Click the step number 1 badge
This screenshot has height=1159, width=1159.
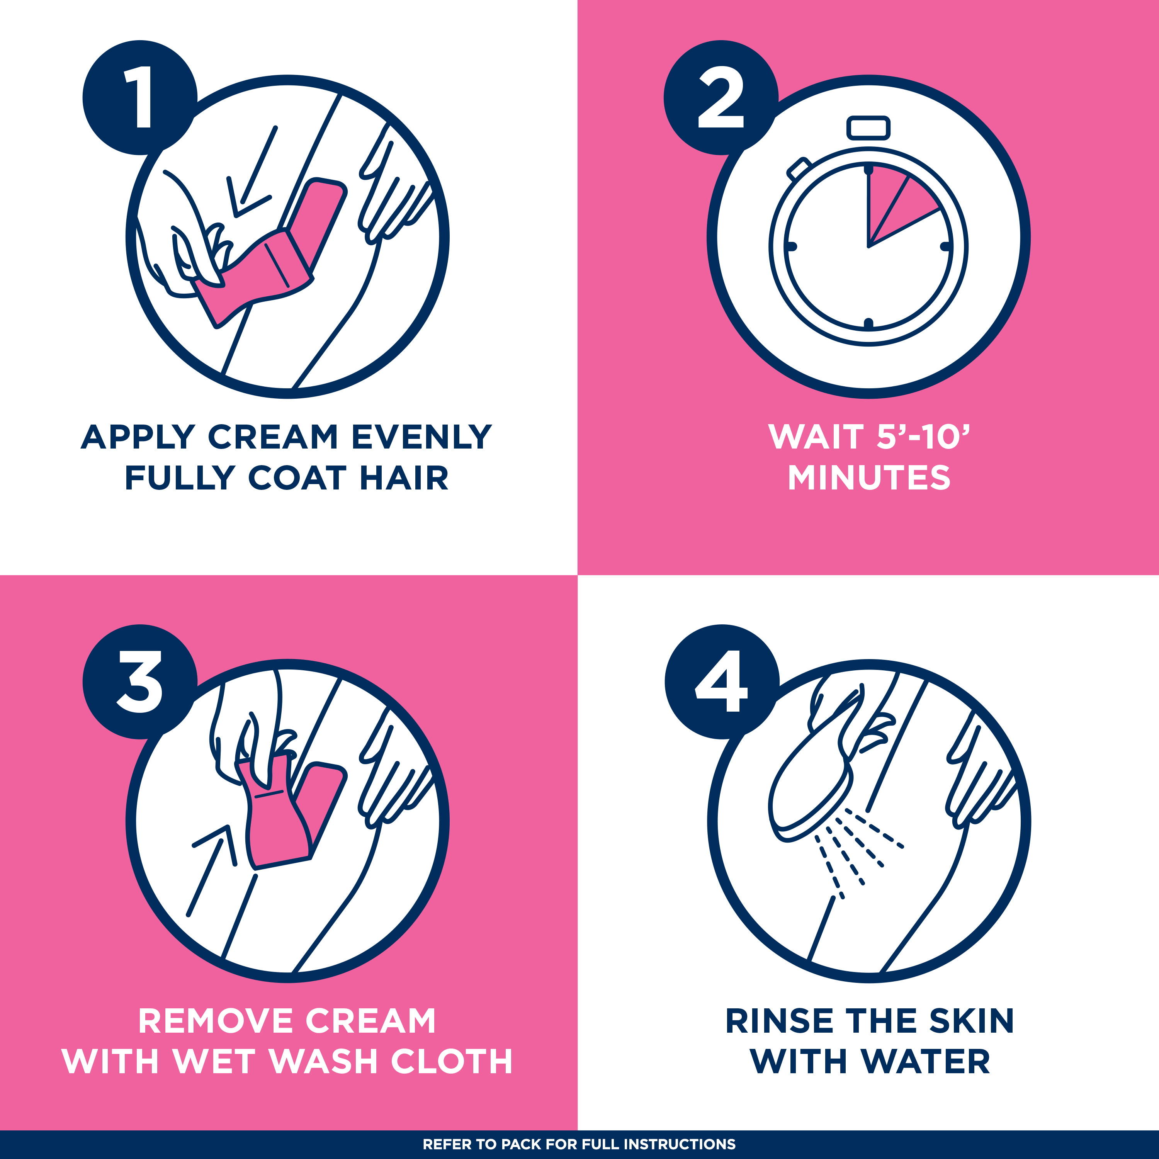coord(140,97)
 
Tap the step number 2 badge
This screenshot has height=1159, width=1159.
coord(721,97)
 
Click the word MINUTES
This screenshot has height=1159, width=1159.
coord(869,478)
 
